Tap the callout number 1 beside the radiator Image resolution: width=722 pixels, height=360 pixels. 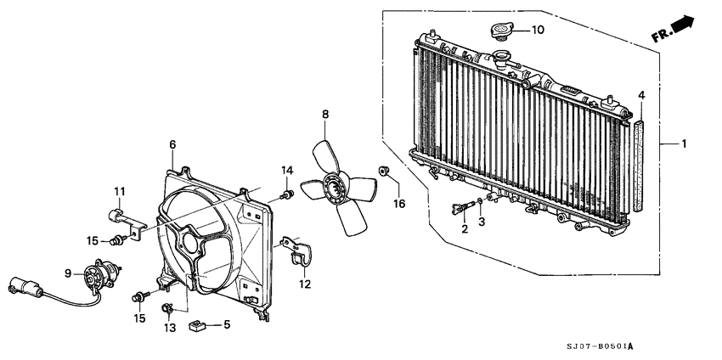(684, 144)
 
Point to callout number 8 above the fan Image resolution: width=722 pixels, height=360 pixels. (324, 114)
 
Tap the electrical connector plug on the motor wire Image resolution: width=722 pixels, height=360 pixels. (20, 287)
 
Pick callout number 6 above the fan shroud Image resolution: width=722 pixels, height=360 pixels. (172, 145)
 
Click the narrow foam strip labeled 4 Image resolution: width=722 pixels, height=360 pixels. (642, 165)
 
